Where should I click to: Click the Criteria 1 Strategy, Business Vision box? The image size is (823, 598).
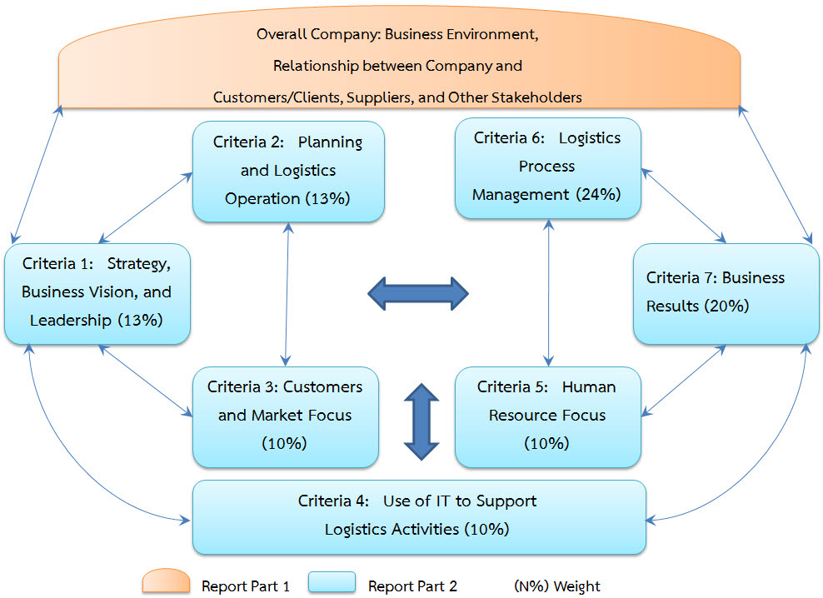pyautogui.click(x=97, y=293)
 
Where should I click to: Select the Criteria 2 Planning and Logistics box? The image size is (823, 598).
pyautogui.click(x=288, y=171)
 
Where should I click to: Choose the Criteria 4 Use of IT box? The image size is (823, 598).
pyautogui.click(x=418, y=516)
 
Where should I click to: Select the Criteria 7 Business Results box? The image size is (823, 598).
pyautogui.click(x=726, y=292)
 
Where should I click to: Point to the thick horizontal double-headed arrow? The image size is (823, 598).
pyautogui.click(x=418, y=292)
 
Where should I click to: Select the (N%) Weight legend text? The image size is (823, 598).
pyautogui.click(x=556, y=586)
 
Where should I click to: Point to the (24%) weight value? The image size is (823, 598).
pyautogui.click(x=598, y=194)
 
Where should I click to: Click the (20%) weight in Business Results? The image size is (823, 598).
pyautogui.click(x=726, y=306)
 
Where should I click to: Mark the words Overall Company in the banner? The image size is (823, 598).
pyautogui.click(x=307, y=35)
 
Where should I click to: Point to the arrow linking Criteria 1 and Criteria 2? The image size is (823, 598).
pyautogui.click(x=147, y=208)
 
